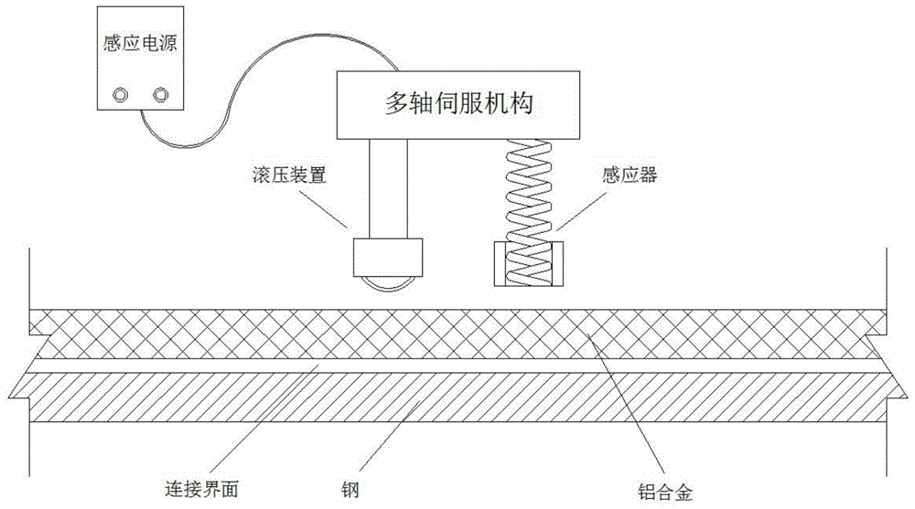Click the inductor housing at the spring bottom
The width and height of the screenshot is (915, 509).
[x=528, y=265]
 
